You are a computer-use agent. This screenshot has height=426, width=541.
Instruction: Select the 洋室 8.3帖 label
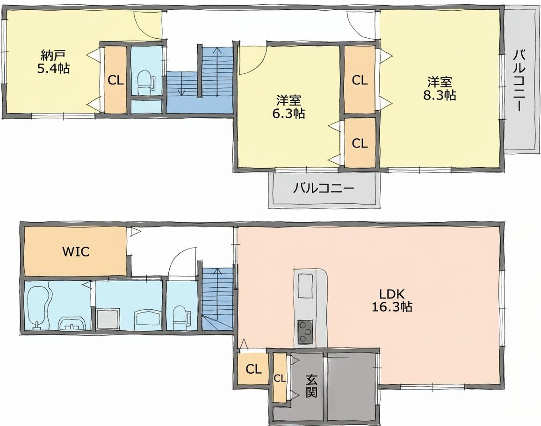[x=440, y=89]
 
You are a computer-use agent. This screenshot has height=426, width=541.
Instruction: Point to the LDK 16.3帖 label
[x=391, y=300]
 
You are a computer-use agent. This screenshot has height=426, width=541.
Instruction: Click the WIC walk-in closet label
[x=76, y=252]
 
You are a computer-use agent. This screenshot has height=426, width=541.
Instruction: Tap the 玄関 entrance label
[x=311, y=385]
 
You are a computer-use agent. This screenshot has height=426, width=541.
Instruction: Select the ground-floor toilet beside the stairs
[x=181, y=318]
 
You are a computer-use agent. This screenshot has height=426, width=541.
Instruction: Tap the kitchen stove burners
[x=305, y=332]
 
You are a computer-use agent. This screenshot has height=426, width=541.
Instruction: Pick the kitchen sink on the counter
[x=305, y=285]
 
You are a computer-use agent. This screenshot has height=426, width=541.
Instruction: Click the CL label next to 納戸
[x=115, y=80]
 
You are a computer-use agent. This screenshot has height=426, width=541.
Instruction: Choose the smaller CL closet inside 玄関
[x=280, y=378]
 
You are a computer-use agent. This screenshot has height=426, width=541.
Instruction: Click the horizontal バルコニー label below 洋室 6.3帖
[x=324, y=188]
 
